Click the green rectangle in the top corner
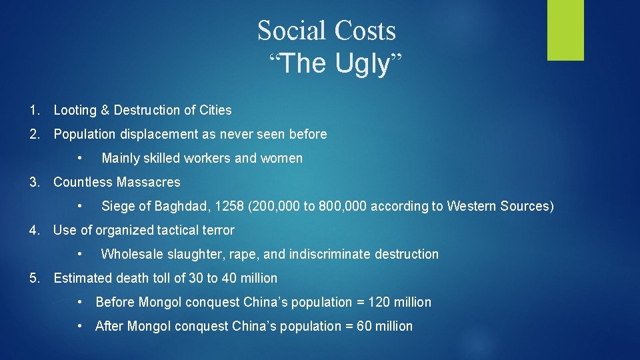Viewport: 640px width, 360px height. tap(565, 30)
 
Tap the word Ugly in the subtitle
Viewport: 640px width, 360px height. tap(362, 64)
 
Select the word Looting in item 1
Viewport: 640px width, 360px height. tap(75, 110)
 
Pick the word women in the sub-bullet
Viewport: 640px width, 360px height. tap(284, 158)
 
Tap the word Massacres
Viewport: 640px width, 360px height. tap(148, 182)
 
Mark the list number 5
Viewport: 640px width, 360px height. tap(34, 278)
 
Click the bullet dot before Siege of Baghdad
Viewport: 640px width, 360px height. tap(79, 206)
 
